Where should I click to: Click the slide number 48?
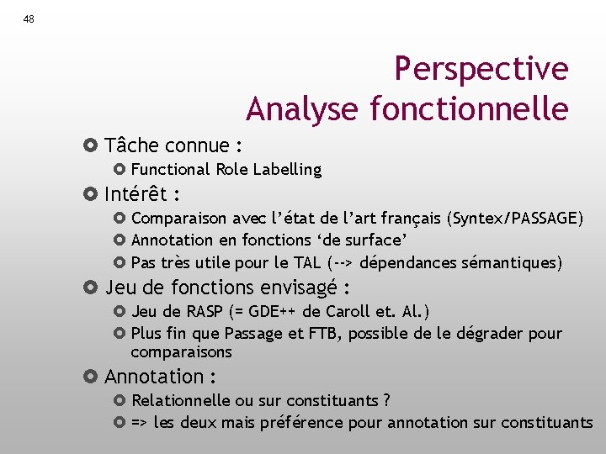tap(29, 19)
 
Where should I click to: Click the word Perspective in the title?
tap(481, 69)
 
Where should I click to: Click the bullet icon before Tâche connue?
tap(92, 145)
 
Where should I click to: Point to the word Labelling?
tap(293, 169)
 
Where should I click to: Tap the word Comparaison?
tap(179, 219)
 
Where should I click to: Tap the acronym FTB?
tap(323, 334)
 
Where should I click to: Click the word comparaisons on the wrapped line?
tap(181, 352)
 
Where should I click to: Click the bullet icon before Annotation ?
tap(92, 377)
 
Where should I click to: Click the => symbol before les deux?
tap(141, 422)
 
